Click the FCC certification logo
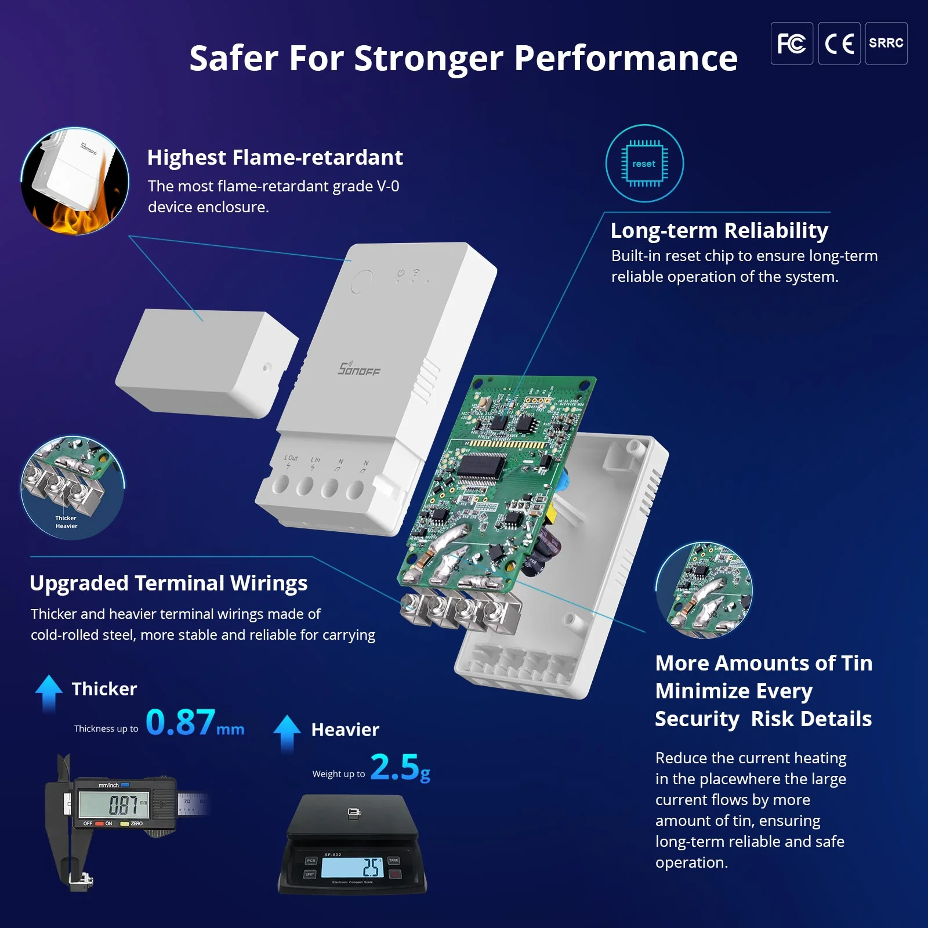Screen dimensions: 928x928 click(791, 43)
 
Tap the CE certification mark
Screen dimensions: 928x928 click(839, 43)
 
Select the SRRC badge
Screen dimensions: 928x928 click(886, 43)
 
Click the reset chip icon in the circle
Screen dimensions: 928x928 click(644, 164)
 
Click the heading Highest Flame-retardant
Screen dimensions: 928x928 click(275, 157)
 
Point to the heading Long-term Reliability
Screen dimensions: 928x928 click(719, 230)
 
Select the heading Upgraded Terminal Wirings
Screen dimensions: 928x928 click(168, 583)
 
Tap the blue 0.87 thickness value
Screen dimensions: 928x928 click(180, 722)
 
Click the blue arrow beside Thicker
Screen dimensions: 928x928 click(49, 691)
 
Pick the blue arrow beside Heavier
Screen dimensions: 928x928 click(287, 732)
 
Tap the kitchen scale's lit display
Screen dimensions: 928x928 click(352, 867)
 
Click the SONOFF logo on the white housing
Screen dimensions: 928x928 click(359, 369)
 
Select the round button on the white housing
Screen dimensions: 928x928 click(361, 281)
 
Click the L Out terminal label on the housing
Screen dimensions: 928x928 click(291, 458)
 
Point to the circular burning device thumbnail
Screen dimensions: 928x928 click(75, 181)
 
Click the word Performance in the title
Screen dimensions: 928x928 click(625, 58)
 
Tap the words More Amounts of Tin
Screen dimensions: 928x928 click(763, 663)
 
